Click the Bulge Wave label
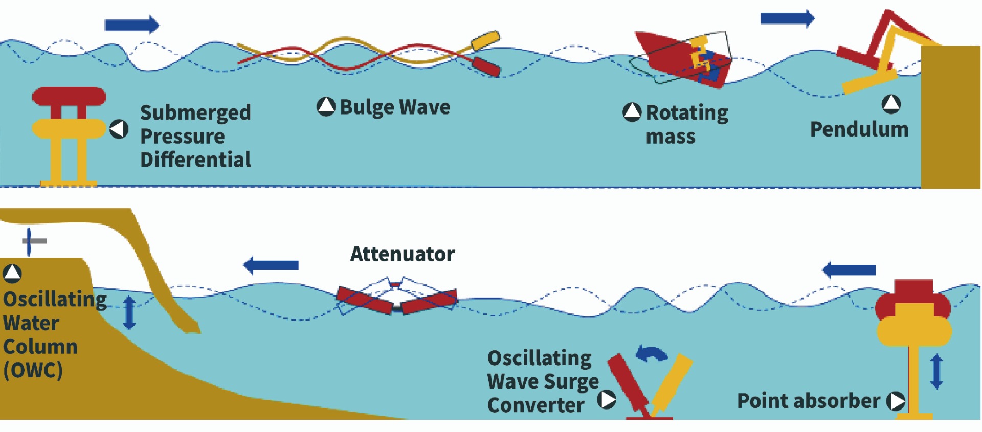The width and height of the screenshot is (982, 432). click(x=395, y=107)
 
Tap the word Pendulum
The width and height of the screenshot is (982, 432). click(x=859, y=129)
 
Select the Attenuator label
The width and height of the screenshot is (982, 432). click(x=403, y=254)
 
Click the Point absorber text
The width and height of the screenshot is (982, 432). click(x=809, y=401)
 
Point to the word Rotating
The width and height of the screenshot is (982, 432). click(x=687, y=113)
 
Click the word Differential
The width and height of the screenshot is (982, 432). click(x=195, y=160)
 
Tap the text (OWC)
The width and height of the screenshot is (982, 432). click(x=33, y=370)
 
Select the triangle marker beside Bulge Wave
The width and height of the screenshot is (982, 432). click(x=326, y=106)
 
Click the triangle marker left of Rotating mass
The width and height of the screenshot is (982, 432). click(x=632, y=112)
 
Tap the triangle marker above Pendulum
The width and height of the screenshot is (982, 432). click(x=891, y=104)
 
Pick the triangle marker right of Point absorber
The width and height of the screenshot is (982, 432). click(x=896, y=401)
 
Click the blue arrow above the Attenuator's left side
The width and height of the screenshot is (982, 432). click(x=271, y=265)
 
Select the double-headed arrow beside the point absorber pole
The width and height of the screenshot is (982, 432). click(x=936, y=372)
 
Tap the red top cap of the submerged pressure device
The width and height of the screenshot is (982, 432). click(x=69, y=97)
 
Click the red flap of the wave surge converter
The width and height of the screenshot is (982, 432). click(x=627, y=381)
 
